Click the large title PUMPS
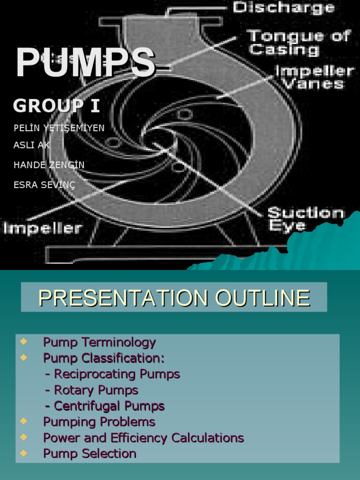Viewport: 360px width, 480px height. click(85, 62)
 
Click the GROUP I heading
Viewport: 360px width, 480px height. click(56, 106)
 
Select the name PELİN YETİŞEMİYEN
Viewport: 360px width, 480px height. click(59, 128)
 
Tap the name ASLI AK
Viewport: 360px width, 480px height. click(31, 145)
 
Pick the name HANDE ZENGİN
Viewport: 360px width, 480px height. click(49, 165)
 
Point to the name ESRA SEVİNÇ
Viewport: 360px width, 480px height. click(44, 185)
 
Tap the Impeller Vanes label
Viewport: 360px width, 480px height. click(314, 77)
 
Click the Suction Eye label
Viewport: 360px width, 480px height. click(306, 219)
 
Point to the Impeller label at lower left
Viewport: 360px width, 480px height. click(43, 229)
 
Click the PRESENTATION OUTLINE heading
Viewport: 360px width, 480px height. click(174, 298)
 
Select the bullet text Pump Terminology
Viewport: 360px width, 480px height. click(99, 342)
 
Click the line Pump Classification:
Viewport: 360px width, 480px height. click(104, 358)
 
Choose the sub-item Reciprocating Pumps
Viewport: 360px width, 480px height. click(112, 374)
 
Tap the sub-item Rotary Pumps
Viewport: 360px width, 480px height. click(92, 390)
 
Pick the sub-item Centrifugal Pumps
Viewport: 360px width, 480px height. click(105, 406)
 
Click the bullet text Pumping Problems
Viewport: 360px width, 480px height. click(99, 422)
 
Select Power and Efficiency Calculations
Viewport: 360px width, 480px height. click(143, 438)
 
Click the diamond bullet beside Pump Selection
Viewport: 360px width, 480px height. click(24, 453)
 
